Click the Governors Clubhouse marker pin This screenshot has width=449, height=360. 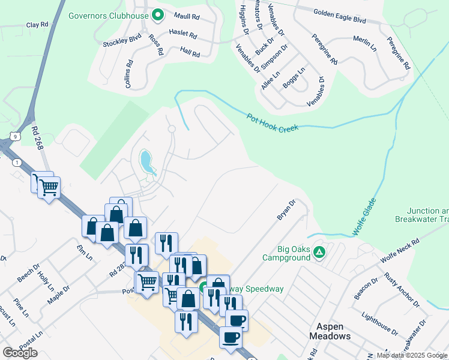coord(158,14)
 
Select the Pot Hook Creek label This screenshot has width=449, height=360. coord(272,122)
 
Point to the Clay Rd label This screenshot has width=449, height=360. coord(37,25)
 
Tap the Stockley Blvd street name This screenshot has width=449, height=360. coord(122,43)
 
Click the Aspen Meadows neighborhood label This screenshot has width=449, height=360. coord(330,331)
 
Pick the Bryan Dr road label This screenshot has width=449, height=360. coord(286,210)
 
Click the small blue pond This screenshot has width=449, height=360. coord(146,161)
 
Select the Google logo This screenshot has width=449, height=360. coord(20,353)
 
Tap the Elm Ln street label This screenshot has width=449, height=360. coord(85,253)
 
